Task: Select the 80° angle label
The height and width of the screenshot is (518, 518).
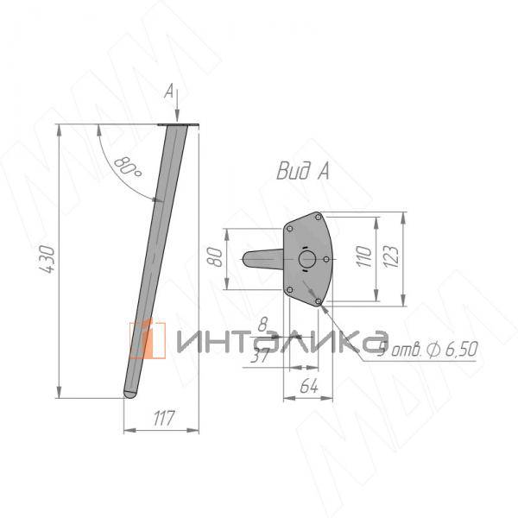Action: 127,166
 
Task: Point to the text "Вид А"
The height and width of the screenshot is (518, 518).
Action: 302,172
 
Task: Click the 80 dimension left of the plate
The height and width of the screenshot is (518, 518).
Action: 216,257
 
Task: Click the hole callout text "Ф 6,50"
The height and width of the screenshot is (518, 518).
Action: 452,349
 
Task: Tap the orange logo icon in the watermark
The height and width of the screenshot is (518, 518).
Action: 147,338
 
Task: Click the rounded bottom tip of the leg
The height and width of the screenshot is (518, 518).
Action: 129,393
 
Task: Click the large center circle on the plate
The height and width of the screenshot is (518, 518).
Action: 306,259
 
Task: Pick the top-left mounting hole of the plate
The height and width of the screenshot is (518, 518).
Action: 291,229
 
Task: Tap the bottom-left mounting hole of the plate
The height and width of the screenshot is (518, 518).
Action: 291,289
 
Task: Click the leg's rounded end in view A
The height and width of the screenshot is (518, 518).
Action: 245,258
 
